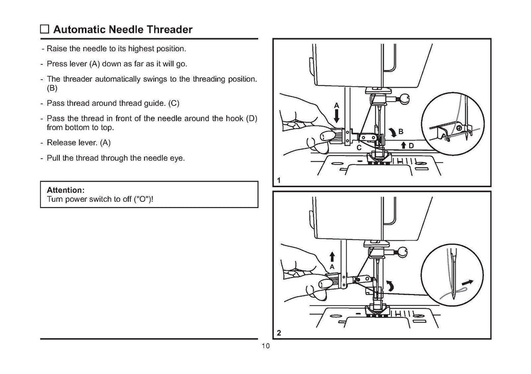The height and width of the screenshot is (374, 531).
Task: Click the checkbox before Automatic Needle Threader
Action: [x=45, y=30]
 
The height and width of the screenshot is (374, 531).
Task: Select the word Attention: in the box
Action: [x=65, y=190]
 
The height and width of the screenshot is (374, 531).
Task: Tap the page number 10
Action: [x=265, y=347]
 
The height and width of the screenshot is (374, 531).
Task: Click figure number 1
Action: [x=279, y=181]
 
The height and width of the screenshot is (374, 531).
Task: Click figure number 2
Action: [x=279, y=334]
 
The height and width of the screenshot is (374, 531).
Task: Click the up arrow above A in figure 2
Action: [x=332, y=256]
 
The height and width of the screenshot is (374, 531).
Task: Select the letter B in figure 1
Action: [x=401, y=130]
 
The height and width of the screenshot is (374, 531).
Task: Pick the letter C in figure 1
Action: [x=358, y=147]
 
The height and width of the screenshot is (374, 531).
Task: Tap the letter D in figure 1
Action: [x=411, y=146]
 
